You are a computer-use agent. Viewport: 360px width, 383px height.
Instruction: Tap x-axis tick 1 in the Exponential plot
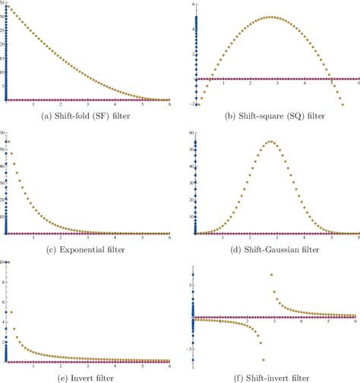coord(33,239)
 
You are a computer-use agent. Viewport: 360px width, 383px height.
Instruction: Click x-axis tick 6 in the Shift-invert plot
coord(354,323)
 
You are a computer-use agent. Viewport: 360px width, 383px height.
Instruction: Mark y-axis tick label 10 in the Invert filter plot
coord(3,262)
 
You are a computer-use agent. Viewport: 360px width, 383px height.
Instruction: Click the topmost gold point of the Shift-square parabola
coord(272,17)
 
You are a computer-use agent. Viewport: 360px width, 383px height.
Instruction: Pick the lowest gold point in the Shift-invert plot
coord(264,359)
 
